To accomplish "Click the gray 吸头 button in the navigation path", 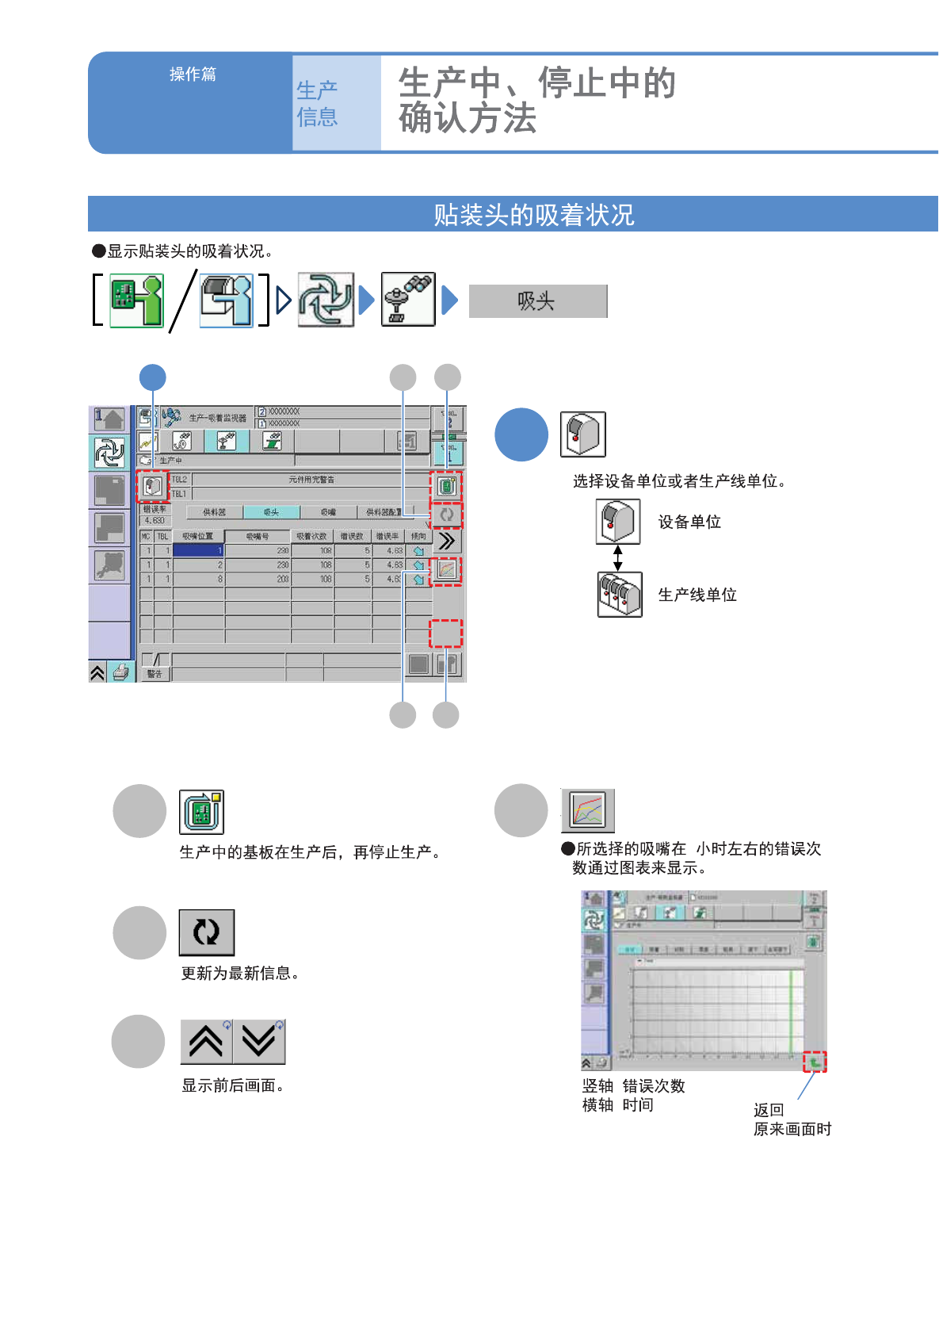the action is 537,301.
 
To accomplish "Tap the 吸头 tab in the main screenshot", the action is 271,512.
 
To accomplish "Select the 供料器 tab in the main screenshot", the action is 214,512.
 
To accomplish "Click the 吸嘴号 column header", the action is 258,537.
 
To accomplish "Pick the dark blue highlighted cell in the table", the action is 198,550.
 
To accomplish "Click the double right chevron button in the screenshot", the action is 447,542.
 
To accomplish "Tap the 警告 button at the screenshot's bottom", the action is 155,674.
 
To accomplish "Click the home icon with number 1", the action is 109,419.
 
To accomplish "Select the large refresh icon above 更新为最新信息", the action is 207,932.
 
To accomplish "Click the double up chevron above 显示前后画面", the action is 206,1042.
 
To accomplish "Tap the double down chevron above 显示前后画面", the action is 259,1042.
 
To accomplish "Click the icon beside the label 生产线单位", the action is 620,595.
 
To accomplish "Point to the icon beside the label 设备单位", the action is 618,522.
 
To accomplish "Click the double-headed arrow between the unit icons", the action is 618,558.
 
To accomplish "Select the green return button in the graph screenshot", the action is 815,1062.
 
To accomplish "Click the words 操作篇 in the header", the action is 193,75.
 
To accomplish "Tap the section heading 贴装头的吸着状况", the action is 533,215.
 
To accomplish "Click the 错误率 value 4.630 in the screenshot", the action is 155,521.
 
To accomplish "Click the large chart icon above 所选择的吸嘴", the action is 588,810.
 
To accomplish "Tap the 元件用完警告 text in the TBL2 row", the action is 311,480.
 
